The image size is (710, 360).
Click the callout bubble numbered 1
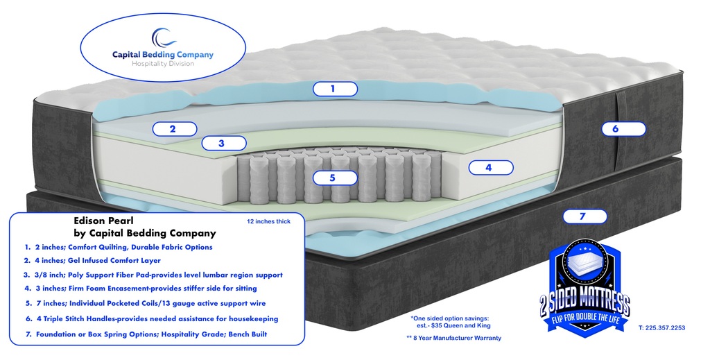click(335, 89)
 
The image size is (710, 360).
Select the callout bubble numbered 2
click(175, 128)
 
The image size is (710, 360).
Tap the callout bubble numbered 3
click(223, 144)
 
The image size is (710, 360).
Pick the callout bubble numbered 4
click(490, 167)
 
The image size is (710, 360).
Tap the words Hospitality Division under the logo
click(163, 64)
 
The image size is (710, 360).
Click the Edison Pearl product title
click(98, 221)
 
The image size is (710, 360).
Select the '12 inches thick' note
click(268, 222)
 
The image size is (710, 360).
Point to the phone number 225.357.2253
click(661, 327)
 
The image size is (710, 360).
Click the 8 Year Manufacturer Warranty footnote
click(453, 338)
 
